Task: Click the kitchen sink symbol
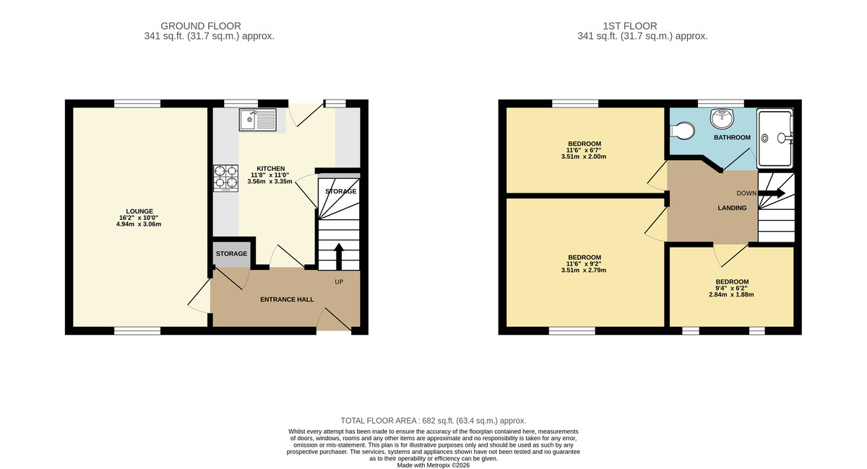tap(258, 119)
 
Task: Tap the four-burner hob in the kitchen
tap(225, 178)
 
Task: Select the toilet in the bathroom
tap(682, 131)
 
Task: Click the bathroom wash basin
tap(721, 118)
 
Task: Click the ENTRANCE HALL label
tap(287, 299)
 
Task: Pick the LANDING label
tap(731, 208)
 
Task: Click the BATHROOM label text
tap(732, 137)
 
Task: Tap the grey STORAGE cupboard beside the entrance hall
tap(231, 254)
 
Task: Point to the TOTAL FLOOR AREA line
tap(433, 420)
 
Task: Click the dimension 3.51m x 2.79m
tap(585, 271)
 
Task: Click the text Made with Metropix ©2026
tap(433, 465)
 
